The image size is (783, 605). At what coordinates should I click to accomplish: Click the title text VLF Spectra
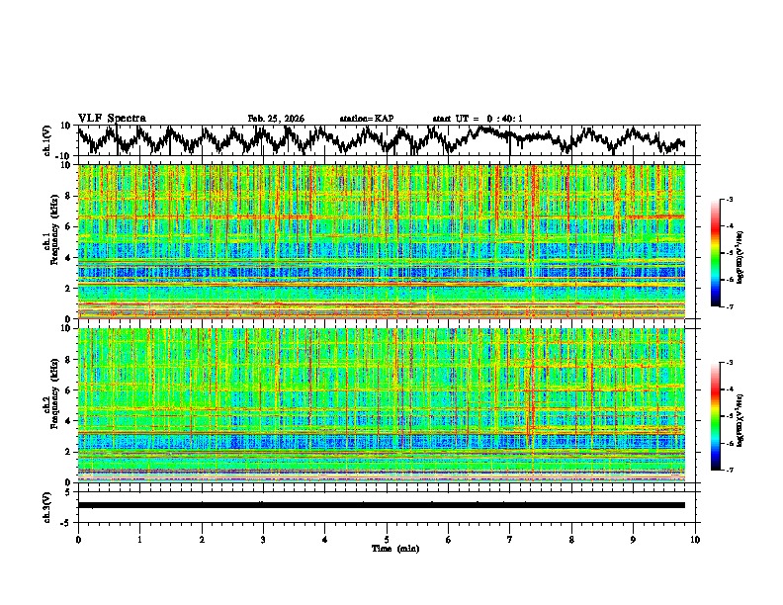coord(112,119)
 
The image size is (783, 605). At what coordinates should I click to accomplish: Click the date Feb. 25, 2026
coord(276,119)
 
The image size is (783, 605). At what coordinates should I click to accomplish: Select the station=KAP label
coord(366,119)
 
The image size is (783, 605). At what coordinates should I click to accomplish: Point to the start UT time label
coord(478,119)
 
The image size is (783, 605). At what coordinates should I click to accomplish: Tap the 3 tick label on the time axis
coord(263,540)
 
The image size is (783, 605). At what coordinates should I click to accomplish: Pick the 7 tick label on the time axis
coord(510,540)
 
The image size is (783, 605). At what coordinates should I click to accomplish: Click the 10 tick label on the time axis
coord(695,540)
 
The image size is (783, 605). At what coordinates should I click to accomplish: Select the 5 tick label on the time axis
coord(387,540)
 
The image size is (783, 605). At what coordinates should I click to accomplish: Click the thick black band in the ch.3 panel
coord(381,505)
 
